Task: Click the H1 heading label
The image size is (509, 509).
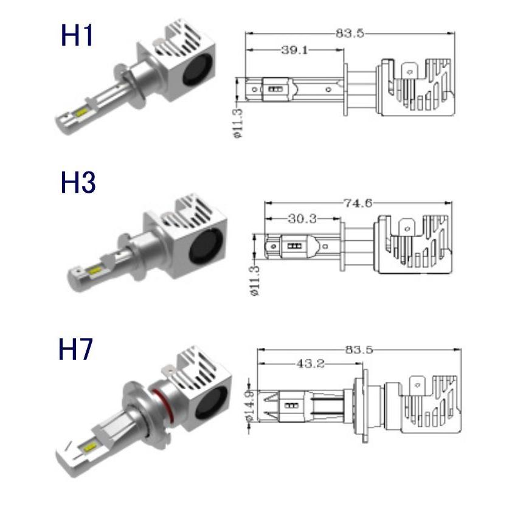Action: coord(78,36)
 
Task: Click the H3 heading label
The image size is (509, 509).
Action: coord(78,182)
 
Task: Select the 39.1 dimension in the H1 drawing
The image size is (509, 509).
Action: coord(295,50)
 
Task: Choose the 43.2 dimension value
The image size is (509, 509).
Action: coord(311,364)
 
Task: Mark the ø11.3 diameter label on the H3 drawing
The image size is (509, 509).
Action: coord(255,280)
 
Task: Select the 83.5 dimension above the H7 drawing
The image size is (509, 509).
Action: coord(359,350)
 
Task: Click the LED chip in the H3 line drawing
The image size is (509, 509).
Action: coord(296,246)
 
